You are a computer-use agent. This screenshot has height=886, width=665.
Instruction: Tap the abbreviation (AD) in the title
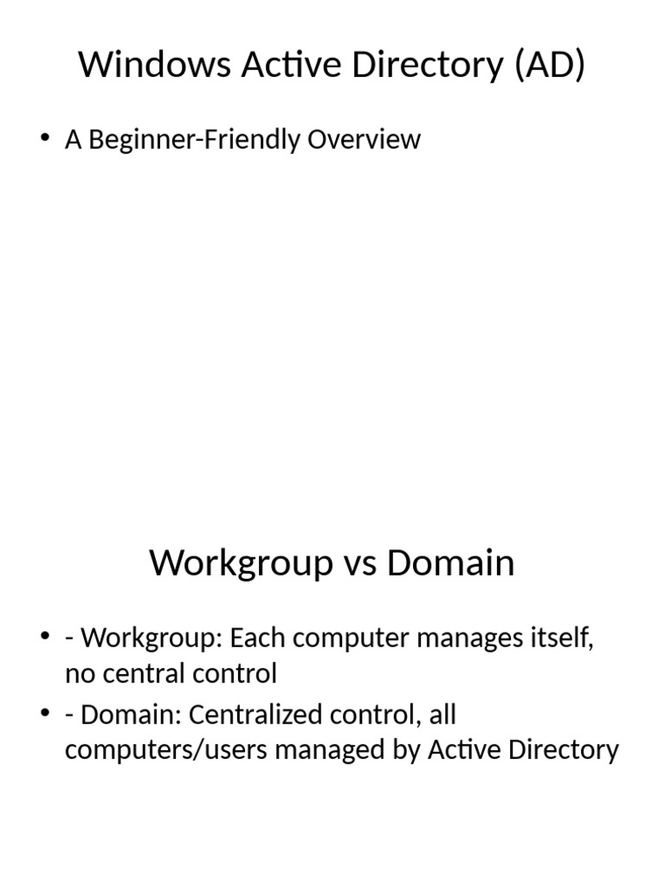click(x=549, y=66)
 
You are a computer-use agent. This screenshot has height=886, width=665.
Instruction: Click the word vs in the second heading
click(x=359, y=563)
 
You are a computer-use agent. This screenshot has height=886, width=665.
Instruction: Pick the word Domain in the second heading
click(x=450, y=563)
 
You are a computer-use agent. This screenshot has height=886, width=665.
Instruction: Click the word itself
click(x=565, y=639)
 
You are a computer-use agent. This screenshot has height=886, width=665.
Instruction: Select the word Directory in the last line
click(x=564, y=749)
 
